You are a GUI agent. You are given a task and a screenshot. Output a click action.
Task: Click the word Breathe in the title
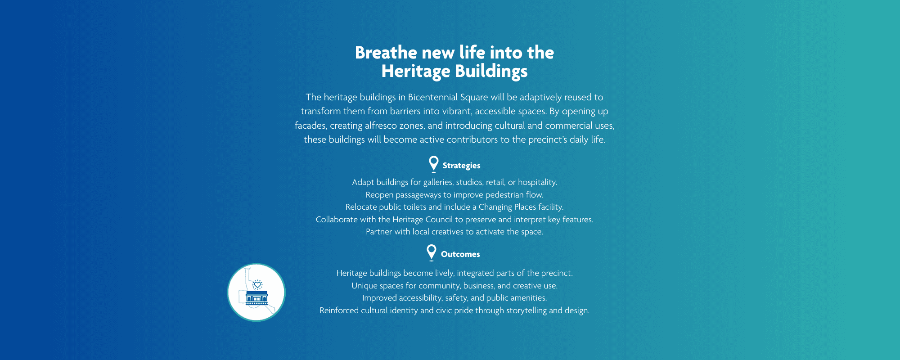coord(386,53)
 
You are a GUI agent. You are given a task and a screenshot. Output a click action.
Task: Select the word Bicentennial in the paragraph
coord(432,97)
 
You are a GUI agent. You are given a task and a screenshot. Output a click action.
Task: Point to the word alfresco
coord(381,126)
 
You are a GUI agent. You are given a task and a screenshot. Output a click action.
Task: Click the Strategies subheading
coord(461,166)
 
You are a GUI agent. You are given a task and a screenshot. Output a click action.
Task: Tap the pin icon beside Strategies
coord(433,164)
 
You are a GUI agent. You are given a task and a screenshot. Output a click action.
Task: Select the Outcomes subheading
coord(460,254)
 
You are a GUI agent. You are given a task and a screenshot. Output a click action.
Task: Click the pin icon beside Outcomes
coord(432,253)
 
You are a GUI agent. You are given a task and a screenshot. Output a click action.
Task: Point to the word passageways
coord(418,195)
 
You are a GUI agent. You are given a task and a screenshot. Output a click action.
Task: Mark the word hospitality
coord(538,182)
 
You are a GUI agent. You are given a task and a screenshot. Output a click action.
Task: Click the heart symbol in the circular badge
coord(257,285)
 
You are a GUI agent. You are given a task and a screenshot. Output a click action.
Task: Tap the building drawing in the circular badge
coord(257,297)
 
